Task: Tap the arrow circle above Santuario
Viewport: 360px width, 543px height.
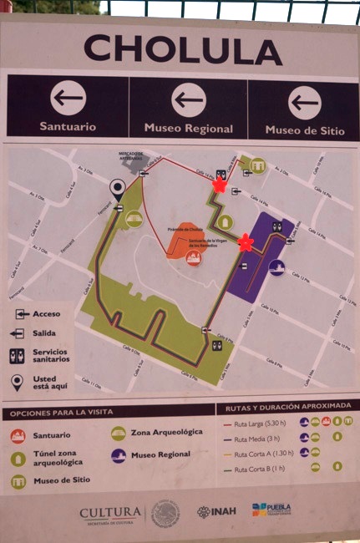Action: (68, 99)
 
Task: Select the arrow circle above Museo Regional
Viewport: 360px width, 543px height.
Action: (188, 100)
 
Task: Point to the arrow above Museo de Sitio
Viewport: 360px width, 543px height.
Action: (305, 103)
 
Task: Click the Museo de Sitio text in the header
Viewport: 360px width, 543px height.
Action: (305, 129)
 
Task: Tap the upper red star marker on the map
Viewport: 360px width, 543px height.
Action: (220, 185)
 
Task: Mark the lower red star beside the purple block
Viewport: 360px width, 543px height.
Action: (246, 242)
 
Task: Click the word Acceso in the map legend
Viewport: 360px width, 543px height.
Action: (47, 314)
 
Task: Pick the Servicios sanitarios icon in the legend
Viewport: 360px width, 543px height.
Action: (17, 356)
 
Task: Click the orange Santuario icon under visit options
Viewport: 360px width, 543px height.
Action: (18, 435)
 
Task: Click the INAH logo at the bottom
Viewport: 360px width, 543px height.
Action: (216, 511)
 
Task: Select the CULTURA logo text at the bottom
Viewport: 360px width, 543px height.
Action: (110, 511)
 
